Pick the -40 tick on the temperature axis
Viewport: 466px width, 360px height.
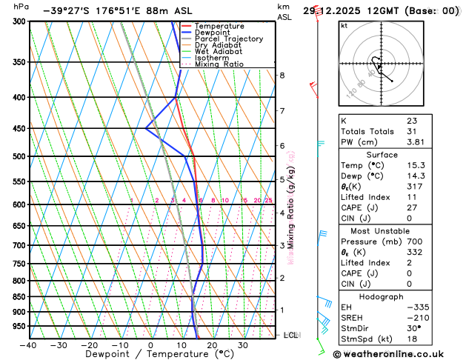point(29,345)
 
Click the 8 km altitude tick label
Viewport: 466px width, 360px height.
point(282,76)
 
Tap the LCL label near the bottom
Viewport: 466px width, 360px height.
point(290,335)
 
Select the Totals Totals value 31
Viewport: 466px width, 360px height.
point(411,131)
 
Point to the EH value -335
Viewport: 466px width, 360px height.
point(416,307)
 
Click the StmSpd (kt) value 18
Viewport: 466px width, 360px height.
point(411,339)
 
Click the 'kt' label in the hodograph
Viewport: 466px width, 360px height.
point(344,25)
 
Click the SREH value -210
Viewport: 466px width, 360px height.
point(416,318)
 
